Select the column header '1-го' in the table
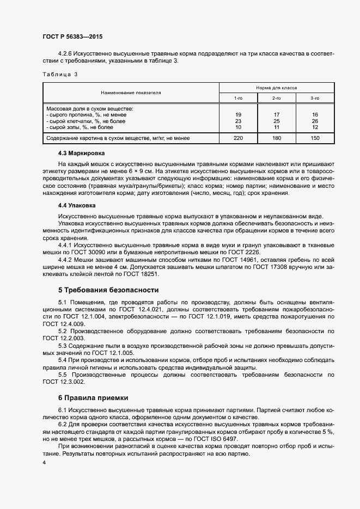238,98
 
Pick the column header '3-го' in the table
314,98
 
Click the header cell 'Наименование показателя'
131,93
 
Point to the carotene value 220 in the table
238,138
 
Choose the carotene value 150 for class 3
315,138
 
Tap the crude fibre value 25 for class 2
276,121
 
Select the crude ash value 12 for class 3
315,127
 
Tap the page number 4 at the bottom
44,462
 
